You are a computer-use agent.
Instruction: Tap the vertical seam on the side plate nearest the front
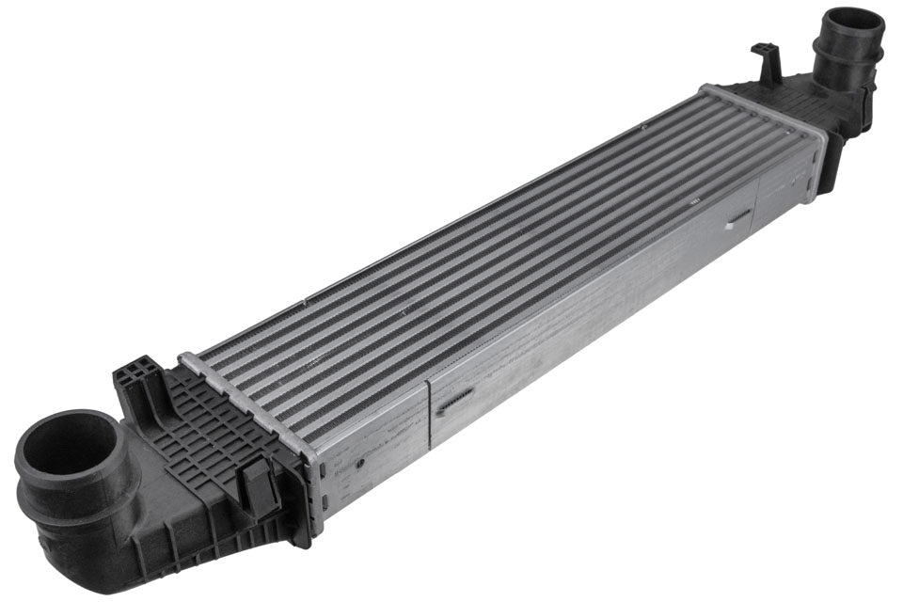click(429, 414)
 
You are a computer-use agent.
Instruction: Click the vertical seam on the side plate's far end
click(758, 202)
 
